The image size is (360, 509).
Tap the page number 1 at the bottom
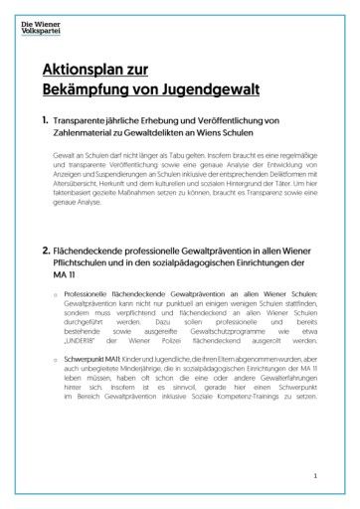click(x=315, y=478)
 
